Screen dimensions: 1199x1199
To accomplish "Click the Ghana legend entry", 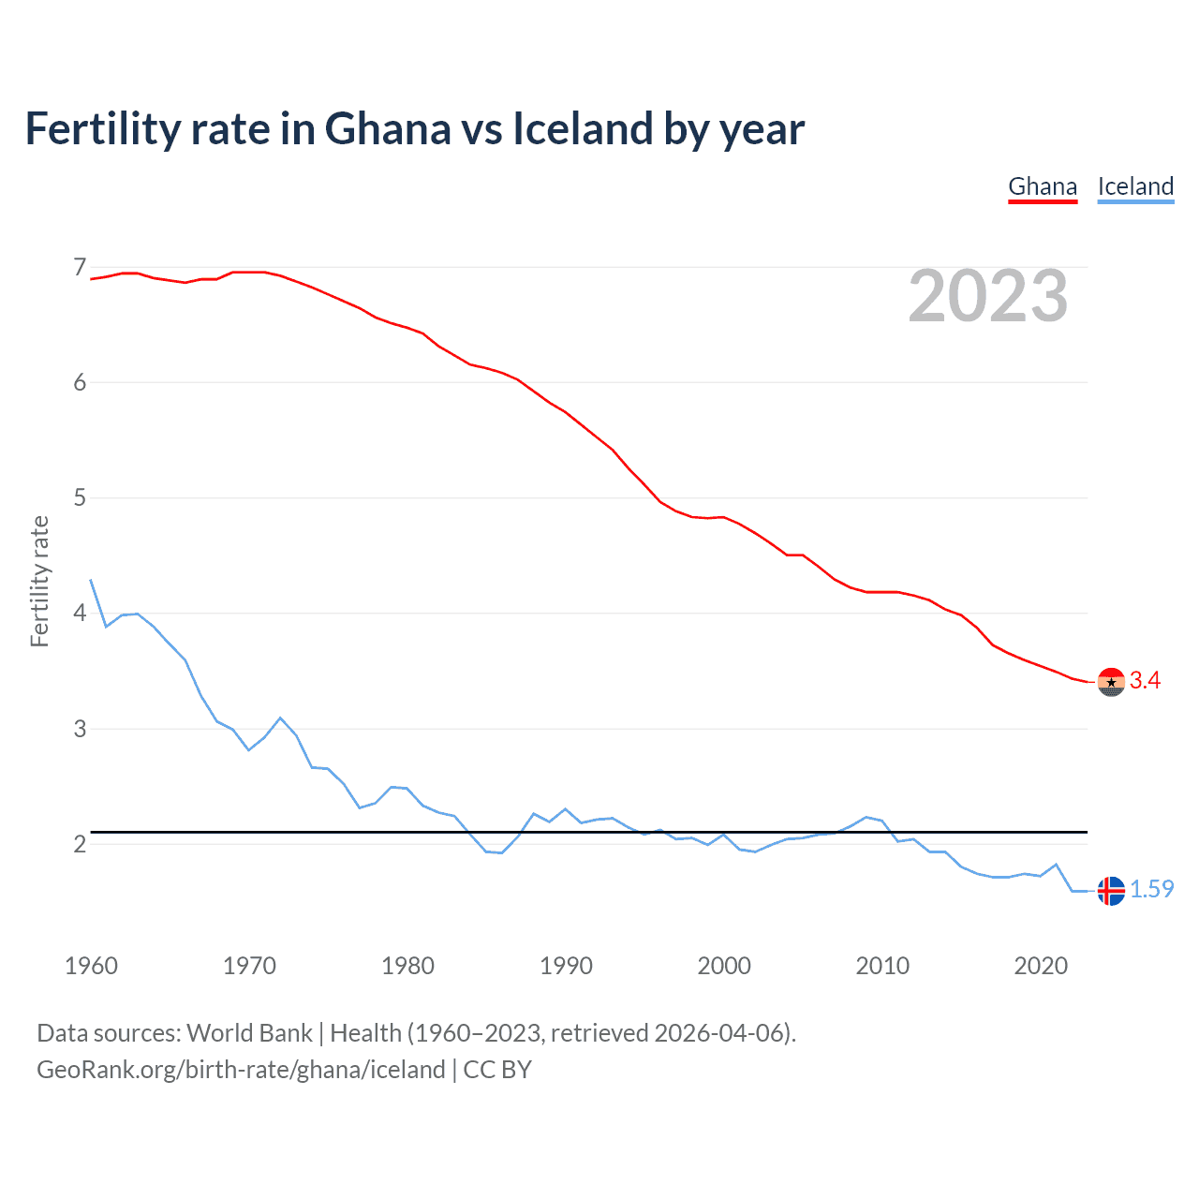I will point(1043,186).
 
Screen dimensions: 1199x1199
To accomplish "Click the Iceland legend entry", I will point(1135,186).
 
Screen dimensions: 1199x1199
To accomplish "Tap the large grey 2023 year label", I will point(987,296).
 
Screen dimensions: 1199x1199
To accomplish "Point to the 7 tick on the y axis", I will point(80,268).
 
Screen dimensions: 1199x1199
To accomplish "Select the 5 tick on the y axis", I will point(80,497).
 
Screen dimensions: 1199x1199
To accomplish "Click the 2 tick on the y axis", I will point(80,844).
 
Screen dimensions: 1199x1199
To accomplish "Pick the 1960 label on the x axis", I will point(91,966).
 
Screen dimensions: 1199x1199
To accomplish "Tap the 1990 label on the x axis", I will point(566,966).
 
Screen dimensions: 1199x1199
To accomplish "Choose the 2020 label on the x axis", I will point(1041,966).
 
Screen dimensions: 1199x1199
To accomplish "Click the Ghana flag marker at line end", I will point(1111,682).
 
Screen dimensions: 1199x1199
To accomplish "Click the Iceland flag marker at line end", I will point(1111,891).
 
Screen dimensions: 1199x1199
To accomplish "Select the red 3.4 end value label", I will point(1145,681).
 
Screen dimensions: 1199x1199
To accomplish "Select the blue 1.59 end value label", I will point(1151,889).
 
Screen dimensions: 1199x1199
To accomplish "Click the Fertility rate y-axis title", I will point(39,581).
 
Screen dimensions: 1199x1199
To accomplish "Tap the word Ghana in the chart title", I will point(387,128).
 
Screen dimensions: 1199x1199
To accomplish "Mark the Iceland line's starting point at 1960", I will point(91,580).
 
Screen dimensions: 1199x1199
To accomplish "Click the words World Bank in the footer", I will point(249,1033).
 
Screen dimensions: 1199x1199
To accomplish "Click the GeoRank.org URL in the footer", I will point(241,1070).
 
